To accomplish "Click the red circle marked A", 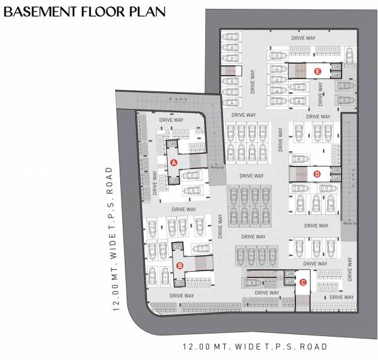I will (x=174, y=163).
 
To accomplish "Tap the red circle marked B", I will (x=180, y=265).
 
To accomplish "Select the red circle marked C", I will (x=303, y=282).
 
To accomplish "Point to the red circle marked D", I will (x=317, y=173).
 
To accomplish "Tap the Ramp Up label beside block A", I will (x=217, y=168).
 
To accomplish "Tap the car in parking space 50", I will (x=345, y=86).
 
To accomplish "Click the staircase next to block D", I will (x=299, y=173).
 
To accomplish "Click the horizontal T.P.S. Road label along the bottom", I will (x=255, y=347).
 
